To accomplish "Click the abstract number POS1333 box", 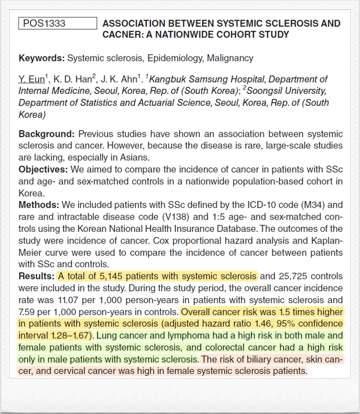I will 57,24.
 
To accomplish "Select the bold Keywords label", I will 42,58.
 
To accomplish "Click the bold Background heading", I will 47,134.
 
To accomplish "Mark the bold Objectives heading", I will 44,169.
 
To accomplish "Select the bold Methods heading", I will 39,205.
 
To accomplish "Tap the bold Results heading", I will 36,275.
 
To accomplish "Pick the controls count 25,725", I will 294,275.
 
